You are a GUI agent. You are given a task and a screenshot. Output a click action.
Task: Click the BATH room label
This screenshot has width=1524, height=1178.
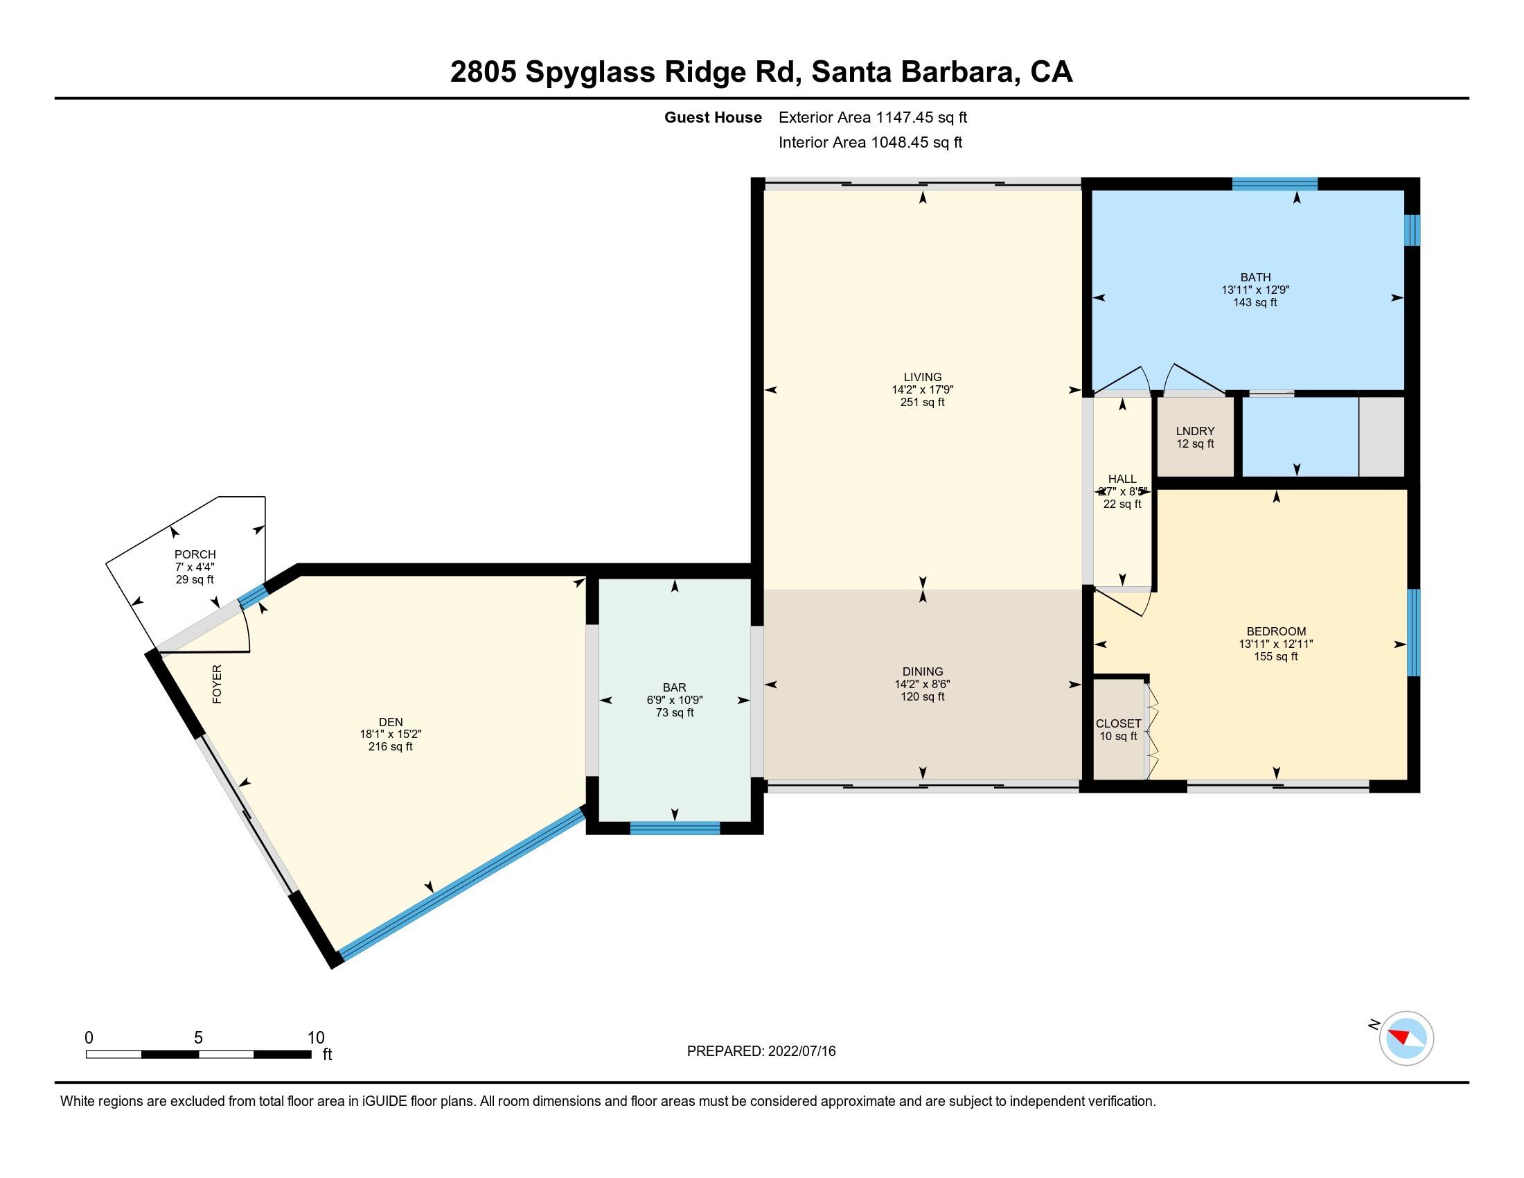(x=1255, y=277)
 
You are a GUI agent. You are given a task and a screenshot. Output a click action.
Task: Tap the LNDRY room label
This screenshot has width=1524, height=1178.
(x=1195, y=431)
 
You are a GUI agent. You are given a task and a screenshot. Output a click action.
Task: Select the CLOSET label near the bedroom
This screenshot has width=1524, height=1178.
(x=1118, y=723)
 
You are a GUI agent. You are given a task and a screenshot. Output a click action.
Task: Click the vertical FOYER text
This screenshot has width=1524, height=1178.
(x=217, y=684)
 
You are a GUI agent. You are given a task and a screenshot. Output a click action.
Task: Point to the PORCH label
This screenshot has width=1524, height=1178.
(x=195, y=555)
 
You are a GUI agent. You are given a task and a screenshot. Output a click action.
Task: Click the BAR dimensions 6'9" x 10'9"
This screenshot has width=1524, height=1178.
(x=674, y=700)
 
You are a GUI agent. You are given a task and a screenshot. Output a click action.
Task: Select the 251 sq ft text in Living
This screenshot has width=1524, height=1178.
(x=922, y=403)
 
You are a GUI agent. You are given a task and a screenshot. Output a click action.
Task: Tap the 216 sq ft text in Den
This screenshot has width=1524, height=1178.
(x=390, y=747)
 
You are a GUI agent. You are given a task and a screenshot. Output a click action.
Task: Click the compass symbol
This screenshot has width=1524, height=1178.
(x=1406, y=1038)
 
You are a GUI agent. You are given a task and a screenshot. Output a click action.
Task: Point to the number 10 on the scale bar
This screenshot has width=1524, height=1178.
(x=316, y=1038)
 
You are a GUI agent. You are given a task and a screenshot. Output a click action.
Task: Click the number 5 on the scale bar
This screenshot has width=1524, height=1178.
(x=198, y=1038)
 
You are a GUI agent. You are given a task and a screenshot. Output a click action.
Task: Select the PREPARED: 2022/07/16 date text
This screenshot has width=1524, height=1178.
(x=761, y=1051)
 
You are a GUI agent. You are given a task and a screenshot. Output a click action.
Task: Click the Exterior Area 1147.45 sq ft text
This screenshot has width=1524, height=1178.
(x=872, y=117)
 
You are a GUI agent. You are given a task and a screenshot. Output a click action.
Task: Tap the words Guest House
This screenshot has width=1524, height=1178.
(x=712, y=117)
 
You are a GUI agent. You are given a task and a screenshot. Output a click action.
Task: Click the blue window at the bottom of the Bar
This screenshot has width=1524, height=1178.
(x=674, y=828)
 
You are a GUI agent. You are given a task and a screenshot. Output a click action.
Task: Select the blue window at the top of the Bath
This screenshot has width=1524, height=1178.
(x=1274, y=184)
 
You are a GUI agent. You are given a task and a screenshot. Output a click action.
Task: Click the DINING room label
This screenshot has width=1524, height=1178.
(x=922, y=671)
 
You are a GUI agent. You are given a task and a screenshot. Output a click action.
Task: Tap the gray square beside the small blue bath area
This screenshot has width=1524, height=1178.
(x=1381, y=436)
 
